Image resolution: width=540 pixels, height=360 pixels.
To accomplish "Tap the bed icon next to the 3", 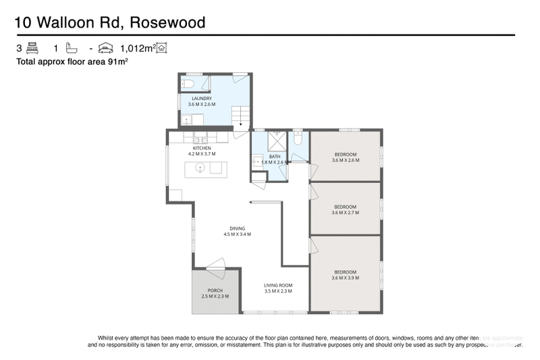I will click(x=32, y=49).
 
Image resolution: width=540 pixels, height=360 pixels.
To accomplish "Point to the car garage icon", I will click(x=105, y=49).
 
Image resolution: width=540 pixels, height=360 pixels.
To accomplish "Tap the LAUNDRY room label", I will click(x=202, y=99).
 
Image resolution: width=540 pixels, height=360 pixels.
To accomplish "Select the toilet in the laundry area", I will click(x=190, y=83).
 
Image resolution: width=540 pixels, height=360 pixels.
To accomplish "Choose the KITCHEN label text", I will click(x=202, y=148).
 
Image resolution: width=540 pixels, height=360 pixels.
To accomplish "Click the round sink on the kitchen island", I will click(x=200, y=168).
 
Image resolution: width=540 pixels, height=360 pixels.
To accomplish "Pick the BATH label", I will click(x=274, y=156).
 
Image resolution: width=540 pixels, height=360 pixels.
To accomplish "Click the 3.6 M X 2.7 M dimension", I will click(x=346, y=212).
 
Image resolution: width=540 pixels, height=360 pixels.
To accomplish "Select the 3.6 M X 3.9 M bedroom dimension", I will click(x=346, y=278).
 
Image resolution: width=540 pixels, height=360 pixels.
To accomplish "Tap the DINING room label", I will click(x=237, y=228).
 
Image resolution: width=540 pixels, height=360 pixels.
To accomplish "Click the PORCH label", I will click(x=215, y=290).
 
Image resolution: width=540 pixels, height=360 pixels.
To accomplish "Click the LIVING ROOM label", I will click(x=277, y=285).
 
